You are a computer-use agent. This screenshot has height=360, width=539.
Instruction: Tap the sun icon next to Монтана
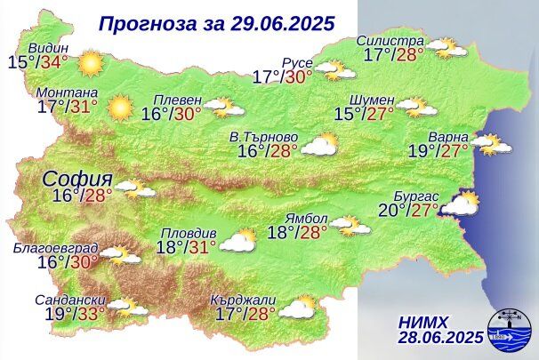[119, 108]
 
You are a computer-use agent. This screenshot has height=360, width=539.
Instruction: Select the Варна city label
[446, 137]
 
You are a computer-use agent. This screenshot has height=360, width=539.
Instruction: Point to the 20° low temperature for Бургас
[390, 210]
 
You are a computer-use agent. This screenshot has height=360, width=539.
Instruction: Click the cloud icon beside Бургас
[460, 205]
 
